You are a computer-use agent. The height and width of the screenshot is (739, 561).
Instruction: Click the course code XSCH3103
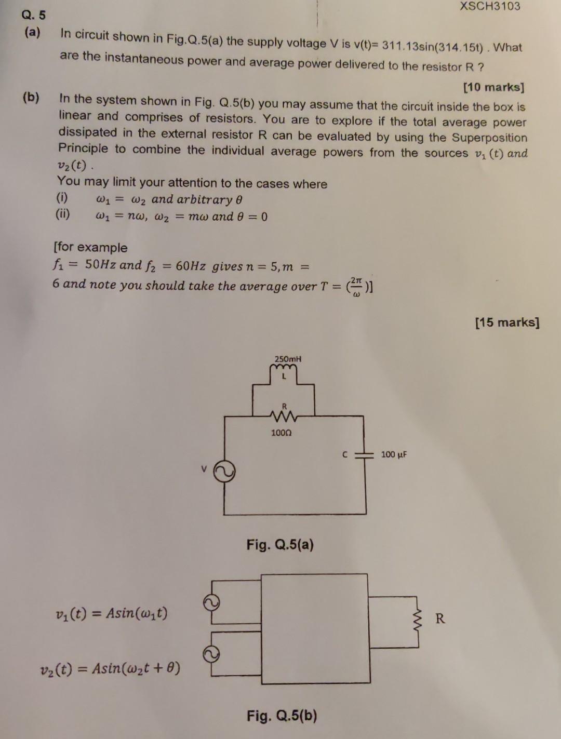[489, 7]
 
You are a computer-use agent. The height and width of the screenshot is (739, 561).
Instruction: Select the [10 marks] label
[493, 87]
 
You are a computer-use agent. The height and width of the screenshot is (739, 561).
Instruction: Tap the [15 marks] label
[507, 323]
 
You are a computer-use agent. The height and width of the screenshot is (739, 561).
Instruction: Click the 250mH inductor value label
[288, 359]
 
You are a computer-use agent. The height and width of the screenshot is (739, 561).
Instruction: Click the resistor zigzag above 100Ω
[284, 414]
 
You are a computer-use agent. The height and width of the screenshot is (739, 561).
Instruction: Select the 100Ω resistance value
[282, 432]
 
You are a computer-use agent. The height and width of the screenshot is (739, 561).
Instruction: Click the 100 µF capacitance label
[394, 455]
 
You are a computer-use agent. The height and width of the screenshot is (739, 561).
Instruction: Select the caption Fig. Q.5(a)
[280, 545]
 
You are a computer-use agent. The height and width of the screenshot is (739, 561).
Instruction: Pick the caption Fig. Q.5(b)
[282, 716]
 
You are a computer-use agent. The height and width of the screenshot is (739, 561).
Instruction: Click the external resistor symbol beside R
[418, 619]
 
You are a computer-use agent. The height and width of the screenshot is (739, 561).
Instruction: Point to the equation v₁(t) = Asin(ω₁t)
[111, 613]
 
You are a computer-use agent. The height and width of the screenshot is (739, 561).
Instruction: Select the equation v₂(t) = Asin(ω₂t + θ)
[110, 668]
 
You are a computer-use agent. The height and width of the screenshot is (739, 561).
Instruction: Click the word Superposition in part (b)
[489, 138]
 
